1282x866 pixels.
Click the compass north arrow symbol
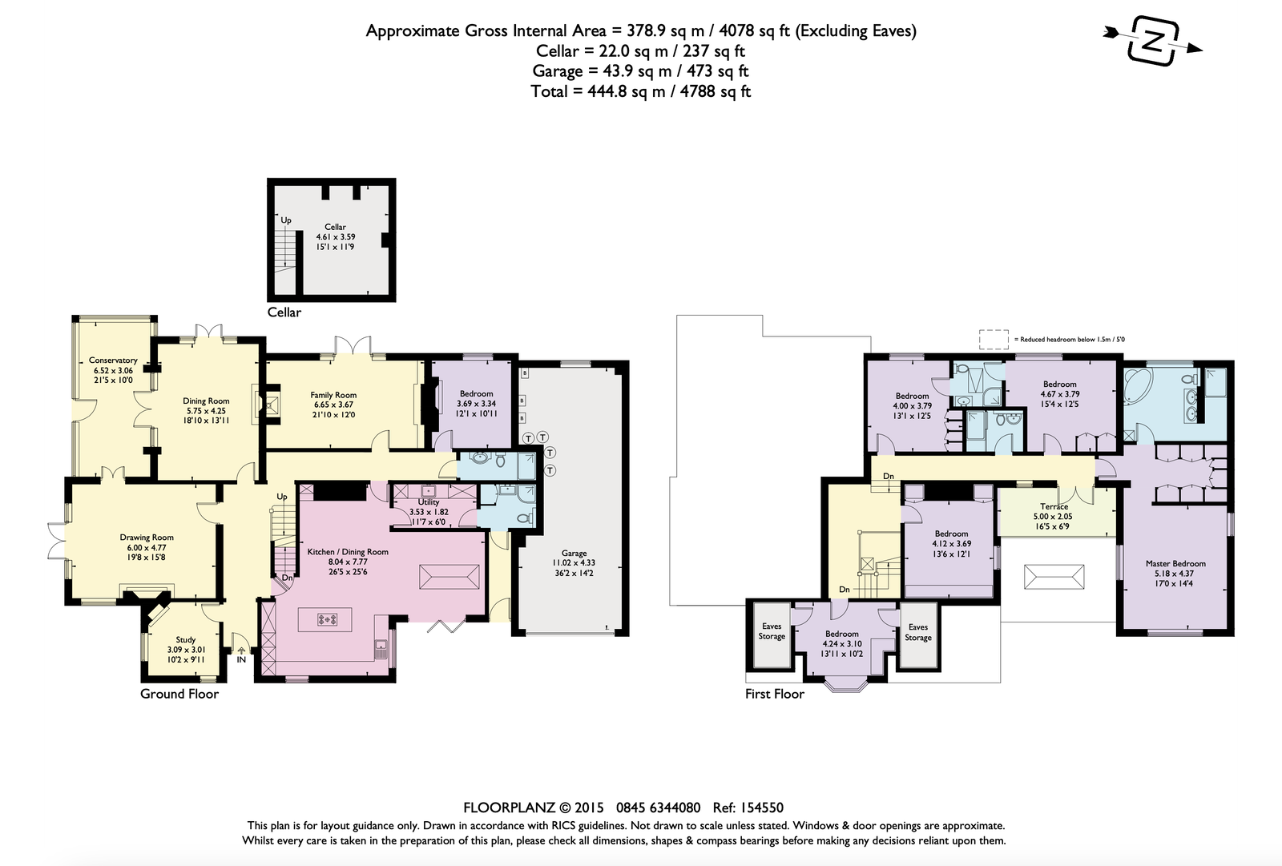[1153, 41]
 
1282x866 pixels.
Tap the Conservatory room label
[113, 360]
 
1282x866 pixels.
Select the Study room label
[185, 639]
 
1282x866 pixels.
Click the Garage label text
[574, 553]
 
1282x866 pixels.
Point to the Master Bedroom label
[1175, 563]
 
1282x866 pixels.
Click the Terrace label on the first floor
[1054, 506]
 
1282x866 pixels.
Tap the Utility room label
[429, 502]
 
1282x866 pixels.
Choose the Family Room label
[333, 395]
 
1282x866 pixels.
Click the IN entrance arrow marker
[241, 651]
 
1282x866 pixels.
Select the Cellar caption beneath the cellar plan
[284, 312]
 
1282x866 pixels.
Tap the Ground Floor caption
[179, 694]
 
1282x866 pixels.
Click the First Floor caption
[774, 694]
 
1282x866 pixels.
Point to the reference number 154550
[761, 808]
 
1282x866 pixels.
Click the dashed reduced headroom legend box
[994, 340]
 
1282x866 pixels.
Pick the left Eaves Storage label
[771, 631]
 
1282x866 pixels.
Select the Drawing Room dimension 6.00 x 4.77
[147, 547]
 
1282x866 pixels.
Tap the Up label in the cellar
[285, 220]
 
